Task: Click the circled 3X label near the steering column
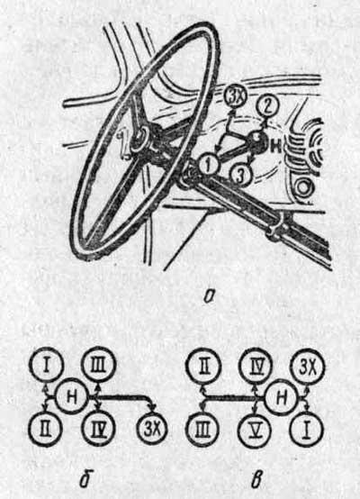pos(234,97)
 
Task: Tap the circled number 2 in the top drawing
pos(268,106)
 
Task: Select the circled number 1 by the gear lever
pos(208,165)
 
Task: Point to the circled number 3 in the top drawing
pos(240,175)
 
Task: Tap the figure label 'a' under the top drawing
pos(209,297)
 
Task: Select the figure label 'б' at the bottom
pos(85,481)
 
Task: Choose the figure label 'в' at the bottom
pos(256,482)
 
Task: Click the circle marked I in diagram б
pos(47,365)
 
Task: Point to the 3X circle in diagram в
pos(308,367)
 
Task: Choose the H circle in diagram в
pos(282,398)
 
